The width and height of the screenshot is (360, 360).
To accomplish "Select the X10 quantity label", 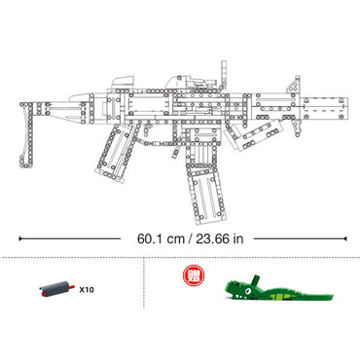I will tap(87, 289).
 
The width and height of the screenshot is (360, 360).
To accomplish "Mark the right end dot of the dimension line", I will tap(341, 235).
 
